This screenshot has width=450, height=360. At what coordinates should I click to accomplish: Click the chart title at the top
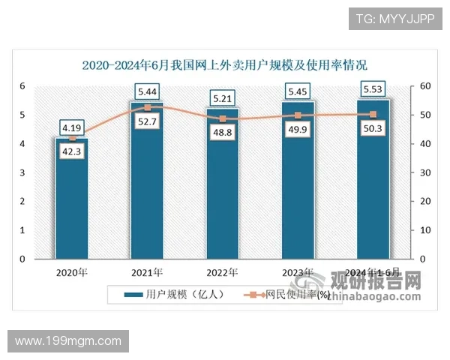point(225,64)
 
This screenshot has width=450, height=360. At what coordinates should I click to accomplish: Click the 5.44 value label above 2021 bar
point(148,92)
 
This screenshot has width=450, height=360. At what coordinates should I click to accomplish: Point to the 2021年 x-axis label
point(148,271)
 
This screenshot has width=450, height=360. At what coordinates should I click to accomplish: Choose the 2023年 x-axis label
point(298,271)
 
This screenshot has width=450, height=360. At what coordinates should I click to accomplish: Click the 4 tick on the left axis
point(23,144)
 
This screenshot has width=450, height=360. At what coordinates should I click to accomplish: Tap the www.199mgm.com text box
point(68,341)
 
